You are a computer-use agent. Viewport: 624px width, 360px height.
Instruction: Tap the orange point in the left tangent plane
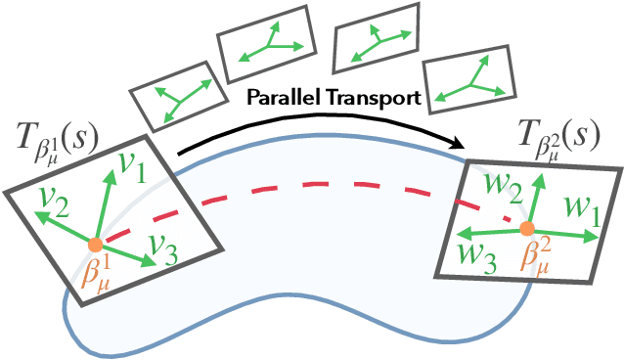(95, 245)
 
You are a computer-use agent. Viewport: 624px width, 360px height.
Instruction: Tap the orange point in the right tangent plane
(526, 229)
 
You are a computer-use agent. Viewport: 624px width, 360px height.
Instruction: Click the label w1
(584, 207)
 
